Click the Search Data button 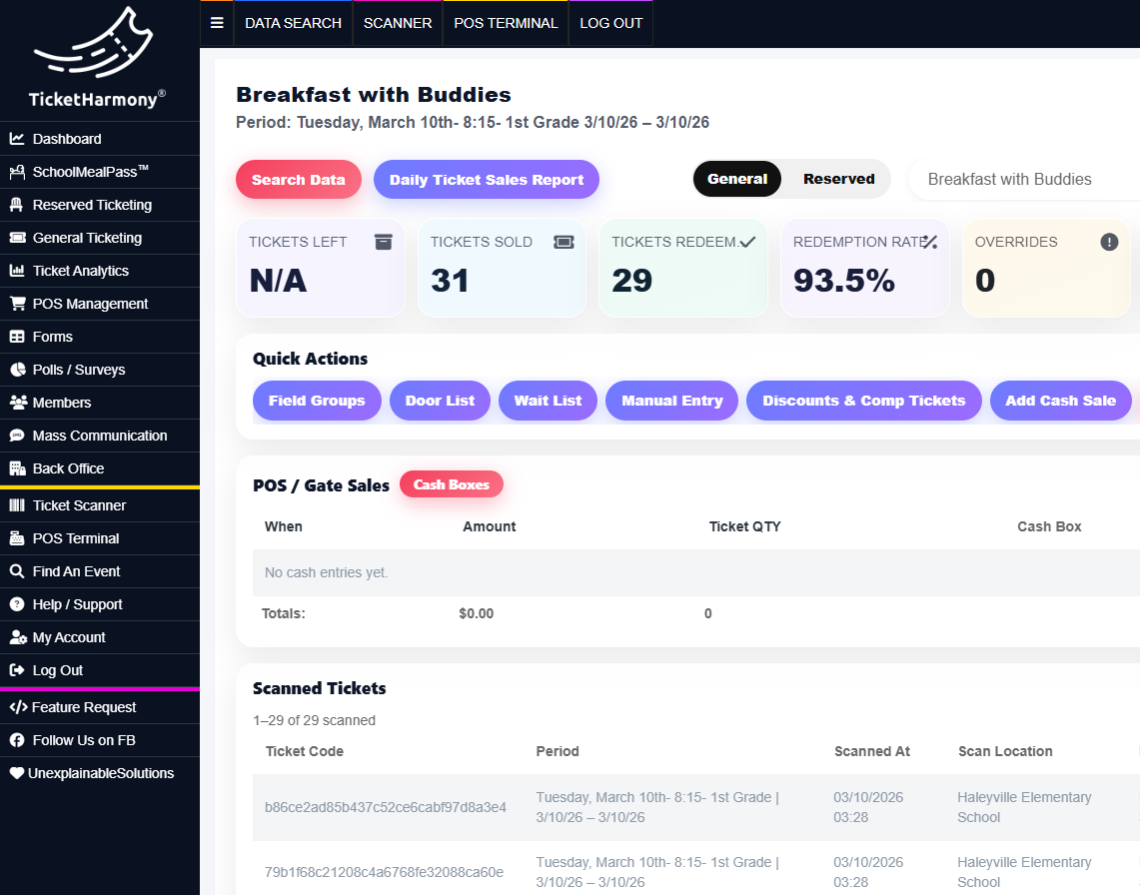(x=298, y=180)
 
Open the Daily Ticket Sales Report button (x=486, y=180)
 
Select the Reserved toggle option (x=838, y=179)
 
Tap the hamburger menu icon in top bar (x=217, y=23)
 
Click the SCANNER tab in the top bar (x=398, y=23)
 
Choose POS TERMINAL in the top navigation (x=506, y=23)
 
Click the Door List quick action (x=440, y=401)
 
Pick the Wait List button (x=548, y=401)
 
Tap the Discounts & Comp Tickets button (x=863, y=401)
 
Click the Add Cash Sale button (x=1060, y=401)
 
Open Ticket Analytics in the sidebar (x=81, y=271)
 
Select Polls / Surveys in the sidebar (x=79, y=370)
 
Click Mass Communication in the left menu (x=100, y=436)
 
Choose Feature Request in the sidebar (x=84, y=707)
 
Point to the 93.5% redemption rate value (x=843, y=281)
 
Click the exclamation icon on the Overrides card (x=1109, y=242)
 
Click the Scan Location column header (x=1005, y=751)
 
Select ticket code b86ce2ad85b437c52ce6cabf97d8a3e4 (x=386, y=807)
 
